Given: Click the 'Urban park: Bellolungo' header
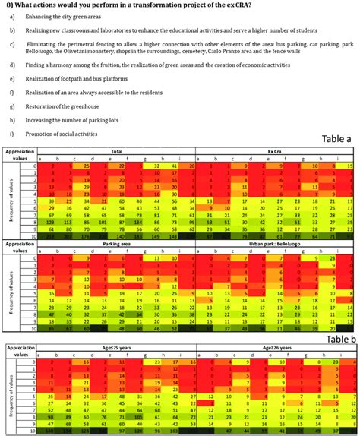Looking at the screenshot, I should (x=274, y=244).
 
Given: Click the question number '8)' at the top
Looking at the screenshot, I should (x=9, y=5).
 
